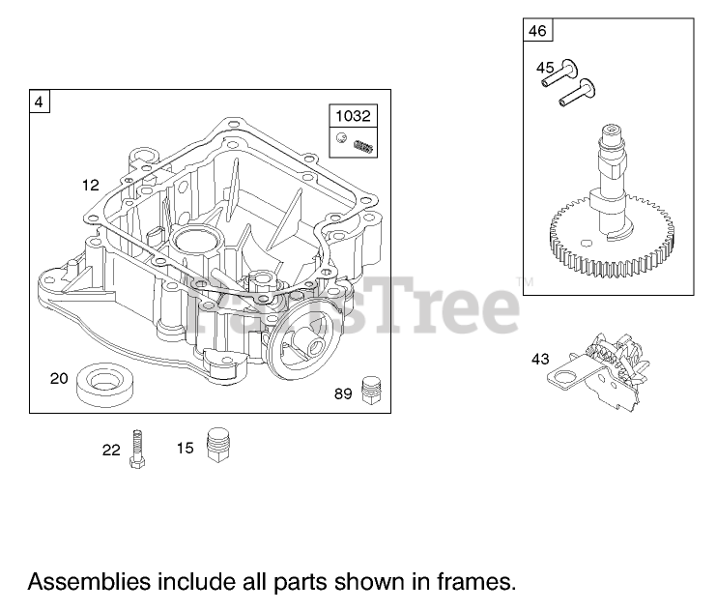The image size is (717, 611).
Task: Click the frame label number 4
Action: click(x=40, y=101)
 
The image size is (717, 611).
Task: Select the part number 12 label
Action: click(x=90, y=185)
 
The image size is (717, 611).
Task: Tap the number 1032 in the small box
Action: click(x=353, y=116)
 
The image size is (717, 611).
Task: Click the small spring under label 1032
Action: click(x=363, y=145)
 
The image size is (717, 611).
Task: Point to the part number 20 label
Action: click(x=60, y=378)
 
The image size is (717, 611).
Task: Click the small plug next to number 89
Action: click(x=367, y=390)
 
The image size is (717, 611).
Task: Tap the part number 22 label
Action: click(x=112, y=449)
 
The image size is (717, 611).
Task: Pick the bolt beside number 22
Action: click(x=139, y=448)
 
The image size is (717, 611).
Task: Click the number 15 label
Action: click(x=185, y=448)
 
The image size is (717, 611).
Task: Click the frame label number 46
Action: click(x=537, y=31)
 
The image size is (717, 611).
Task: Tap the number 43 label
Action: click(x=540, y=360)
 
